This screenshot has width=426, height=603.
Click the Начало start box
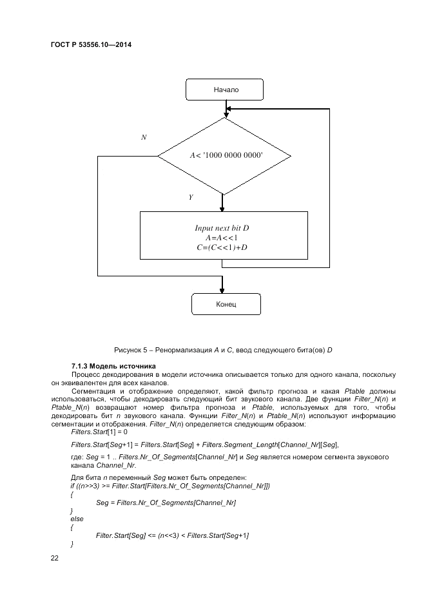tap(224, 90)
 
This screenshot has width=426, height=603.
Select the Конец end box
tap(226, 303)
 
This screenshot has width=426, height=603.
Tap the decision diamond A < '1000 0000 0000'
tap(225, 156)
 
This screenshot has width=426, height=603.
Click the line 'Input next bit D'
tap(222, 228)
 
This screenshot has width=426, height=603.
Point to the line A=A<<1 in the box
tap(222, 238)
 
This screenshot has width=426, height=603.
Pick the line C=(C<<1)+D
tap(222, 247)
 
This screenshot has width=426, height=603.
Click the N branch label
tap(144, 138)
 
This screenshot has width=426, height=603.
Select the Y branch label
tap(191, 197)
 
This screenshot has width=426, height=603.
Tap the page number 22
tap(55, 558)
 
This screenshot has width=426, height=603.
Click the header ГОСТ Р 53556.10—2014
tap(86, 45)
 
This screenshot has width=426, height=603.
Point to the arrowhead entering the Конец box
tap(222, 289)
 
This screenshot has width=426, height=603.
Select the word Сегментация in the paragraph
tap(93, 391)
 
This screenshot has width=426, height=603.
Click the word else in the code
tap(76, 518)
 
